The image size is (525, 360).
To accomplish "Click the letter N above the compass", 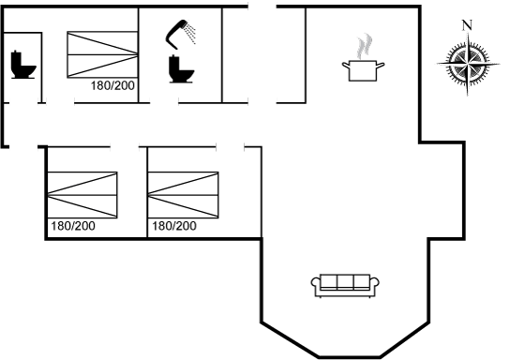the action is pos(467,25).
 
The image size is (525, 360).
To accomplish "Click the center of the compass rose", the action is pos(468,63).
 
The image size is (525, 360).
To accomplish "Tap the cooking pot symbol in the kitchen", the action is pos(363,70).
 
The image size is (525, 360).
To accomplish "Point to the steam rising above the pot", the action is pos(365,46).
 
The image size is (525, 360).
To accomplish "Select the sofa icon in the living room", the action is pos(345,286).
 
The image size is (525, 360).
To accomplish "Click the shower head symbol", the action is pos(177,34).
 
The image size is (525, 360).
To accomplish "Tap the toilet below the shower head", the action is pos(181,69).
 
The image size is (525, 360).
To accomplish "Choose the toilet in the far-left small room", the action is pos(23,65).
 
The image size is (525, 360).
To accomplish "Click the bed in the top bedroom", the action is pos(102,54).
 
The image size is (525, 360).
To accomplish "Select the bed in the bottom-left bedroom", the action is pos(82,195).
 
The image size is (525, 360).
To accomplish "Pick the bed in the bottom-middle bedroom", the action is pos(183,195).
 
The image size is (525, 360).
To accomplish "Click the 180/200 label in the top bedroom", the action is pos(112,85).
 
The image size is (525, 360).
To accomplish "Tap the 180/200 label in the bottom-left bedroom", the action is pos(73,226).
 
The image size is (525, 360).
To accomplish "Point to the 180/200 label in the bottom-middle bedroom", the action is pos(174,226).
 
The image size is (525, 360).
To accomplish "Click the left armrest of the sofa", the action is pos(315,283).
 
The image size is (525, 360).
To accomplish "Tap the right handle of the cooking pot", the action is pos(381,66).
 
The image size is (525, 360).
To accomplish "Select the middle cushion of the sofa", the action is pos(345,281).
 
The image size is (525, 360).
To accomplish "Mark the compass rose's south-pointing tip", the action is pos(468,96).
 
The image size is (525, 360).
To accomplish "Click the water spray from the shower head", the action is pos(191,33).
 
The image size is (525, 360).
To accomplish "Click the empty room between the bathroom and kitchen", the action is pos(263,55).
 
